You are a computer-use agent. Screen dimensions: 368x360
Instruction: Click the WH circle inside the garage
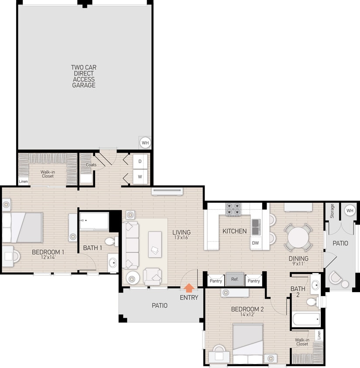[x=145, y=143]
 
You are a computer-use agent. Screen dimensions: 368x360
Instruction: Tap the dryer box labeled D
[x=140, y=161]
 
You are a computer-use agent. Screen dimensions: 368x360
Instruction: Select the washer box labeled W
[x=140, y=177]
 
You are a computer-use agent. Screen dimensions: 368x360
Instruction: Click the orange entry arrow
[x=189, y=288]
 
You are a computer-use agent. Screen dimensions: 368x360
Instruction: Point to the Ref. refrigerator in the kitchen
[x=235, y=279]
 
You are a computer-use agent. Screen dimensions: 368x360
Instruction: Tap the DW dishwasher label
[x=255, y=243]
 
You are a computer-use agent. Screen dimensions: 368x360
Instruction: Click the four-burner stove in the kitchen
[x=233, y=210]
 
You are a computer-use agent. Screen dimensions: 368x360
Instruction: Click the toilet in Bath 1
[x=112, y=242]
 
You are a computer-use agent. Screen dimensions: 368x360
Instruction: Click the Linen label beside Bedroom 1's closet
[x=23, y=182]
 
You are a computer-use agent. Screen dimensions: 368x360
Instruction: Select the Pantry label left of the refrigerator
[x=216, y=281]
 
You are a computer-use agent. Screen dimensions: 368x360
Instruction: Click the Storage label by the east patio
[x=332, y=211]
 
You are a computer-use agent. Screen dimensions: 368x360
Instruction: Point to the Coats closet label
[x=91, y=165]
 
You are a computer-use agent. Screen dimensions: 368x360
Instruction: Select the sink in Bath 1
[x=113, y=262]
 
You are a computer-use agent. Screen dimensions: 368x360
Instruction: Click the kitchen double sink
[x=256, y=226]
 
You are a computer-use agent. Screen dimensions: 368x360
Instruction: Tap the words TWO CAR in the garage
[x=84, y=68]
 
